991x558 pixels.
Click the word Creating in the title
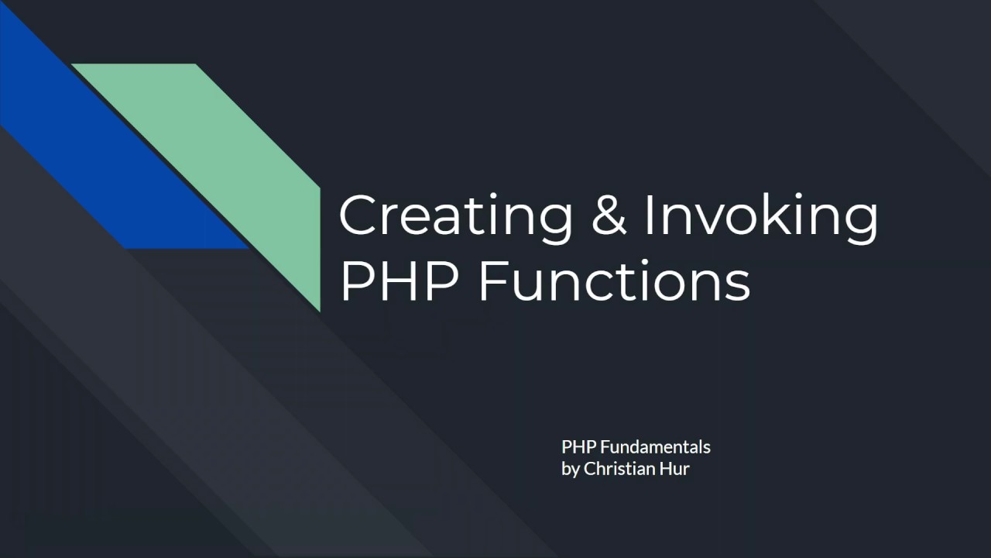[455, 218]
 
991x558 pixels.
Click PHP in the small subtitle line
[576, 447]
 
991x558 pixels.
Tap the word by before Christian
[571, 469]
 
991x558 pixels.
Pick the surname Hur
[675, 468]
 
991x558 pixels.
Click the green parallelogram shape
[232, 155]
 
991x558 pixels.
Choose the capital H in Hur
[665, 468]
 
